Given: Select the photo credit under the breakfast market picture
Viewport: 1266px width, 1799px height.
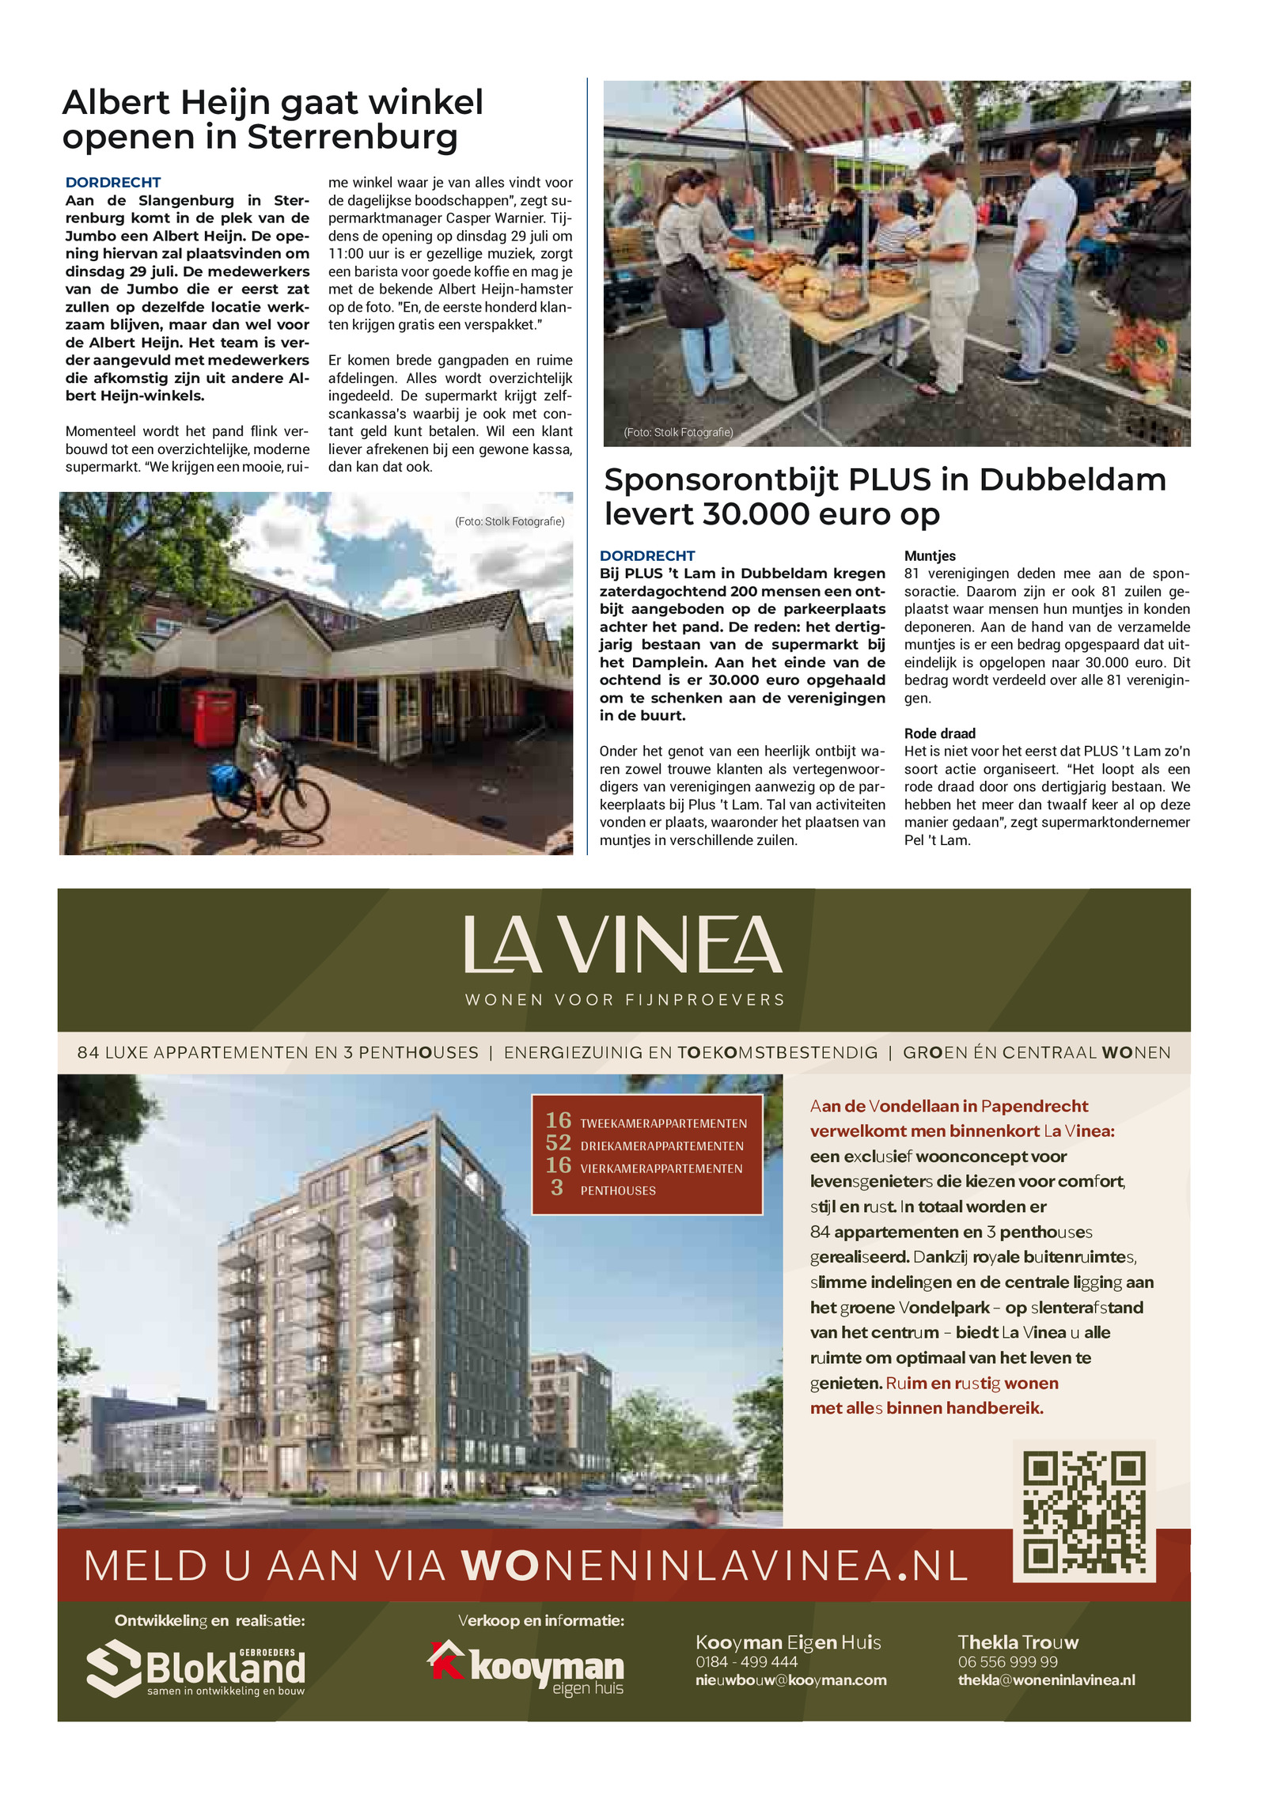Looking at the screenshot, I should click(678, 433).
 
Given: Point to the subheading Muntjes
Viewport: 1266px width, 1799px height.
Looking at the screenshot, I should click(930, 556).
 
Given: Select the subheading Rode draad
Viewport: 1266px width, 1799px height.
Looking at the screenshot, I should click(939, 733).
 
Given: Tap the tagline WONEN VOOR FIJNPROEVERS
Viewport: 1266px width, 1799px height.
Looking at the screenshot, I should click(625, 1000).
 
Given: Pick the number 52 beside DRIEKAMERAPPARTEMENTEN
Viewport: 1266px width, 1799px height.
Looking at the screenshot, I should click(558, 1143).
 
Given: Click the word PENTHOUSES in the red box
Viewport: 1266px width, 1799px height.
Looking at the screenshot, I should click(618, 1191).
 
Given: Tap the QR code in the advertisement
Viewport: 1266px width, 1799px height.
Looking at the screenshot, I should click(1084, 1512).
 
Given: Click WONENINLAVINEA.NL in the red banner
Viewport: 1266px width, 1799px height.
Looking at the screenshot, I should click(714, 1566).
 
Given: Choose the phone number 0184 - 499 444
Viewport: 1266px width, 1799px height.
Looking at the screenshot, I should click(746, 1662).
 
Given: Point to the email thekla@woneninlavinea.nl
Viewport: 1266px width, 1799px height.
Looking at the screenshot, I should click(1046, 1680).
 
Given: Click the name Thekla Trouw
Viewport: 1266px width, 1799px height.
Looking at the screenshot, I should click(1018, 1642).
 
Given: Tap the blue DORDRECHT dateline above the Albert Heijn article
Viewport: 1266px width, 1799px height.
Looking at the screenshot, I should click(113, 183).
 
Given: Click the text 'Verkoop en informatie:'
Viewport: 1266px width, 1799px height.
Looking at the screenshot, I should click(541, 1621).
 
